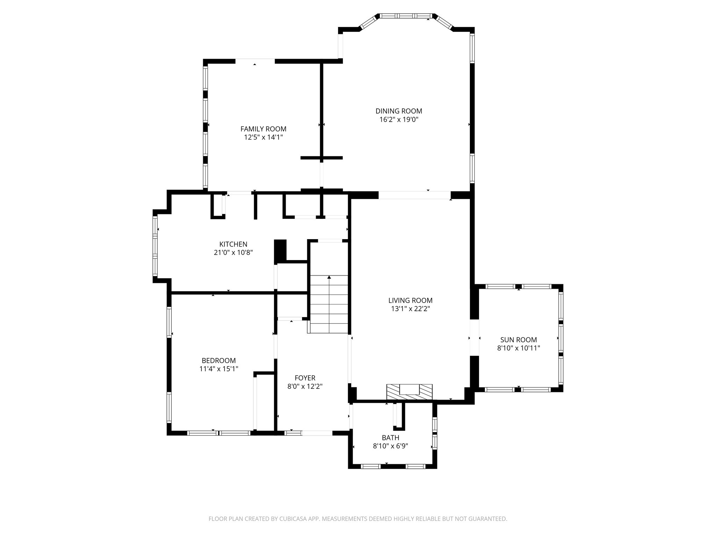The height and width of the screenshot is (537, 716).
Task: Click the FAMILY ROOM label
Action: pos(263,129)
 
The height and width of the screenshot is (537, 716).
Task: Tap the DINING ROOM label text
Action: pos(399,111)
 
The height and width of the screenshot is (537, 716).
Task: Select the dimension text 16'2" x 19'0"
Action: pos(399,120)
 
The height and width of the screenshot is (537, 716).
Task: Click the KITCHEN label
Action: pos(233,244)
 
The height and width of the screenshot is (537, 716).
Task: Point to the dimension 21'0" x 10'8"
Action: pos(233,252)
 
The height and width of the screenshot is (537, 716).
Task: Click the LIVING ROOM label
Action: pos(410,300)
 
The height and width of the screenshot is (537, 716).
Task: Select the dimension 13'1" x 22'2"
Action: pos(410,309)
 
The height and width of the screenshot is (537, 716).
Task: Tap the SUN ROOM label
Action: pos(518,339)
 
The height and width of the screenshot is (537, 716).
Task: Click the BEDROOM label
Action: pos(219,360)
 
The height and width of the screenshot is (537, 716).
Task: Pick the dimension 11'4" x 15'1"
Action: pos(219,369)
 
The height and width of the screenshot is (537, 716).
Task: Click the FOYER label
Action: pos(305,378)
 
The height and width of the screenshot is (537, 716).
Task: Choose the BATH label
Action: pos(390,438)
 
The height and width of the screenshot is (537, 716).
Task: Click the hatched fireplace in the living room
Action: pos(409,392)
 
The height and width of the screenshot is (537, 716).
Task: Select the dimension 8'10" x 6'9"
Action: pos(390,446)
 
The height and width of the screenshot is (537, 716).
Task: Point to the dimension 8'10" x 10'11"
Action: pos(518,348)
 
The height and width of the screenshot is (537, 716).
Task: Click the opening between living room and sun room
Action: pos(474,338)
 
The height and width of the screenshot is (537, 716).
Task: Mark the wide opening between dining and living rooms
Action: pos(415,195)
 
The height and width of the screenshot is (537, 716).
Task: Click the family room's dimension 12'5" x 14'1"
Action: pos(263,137)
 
